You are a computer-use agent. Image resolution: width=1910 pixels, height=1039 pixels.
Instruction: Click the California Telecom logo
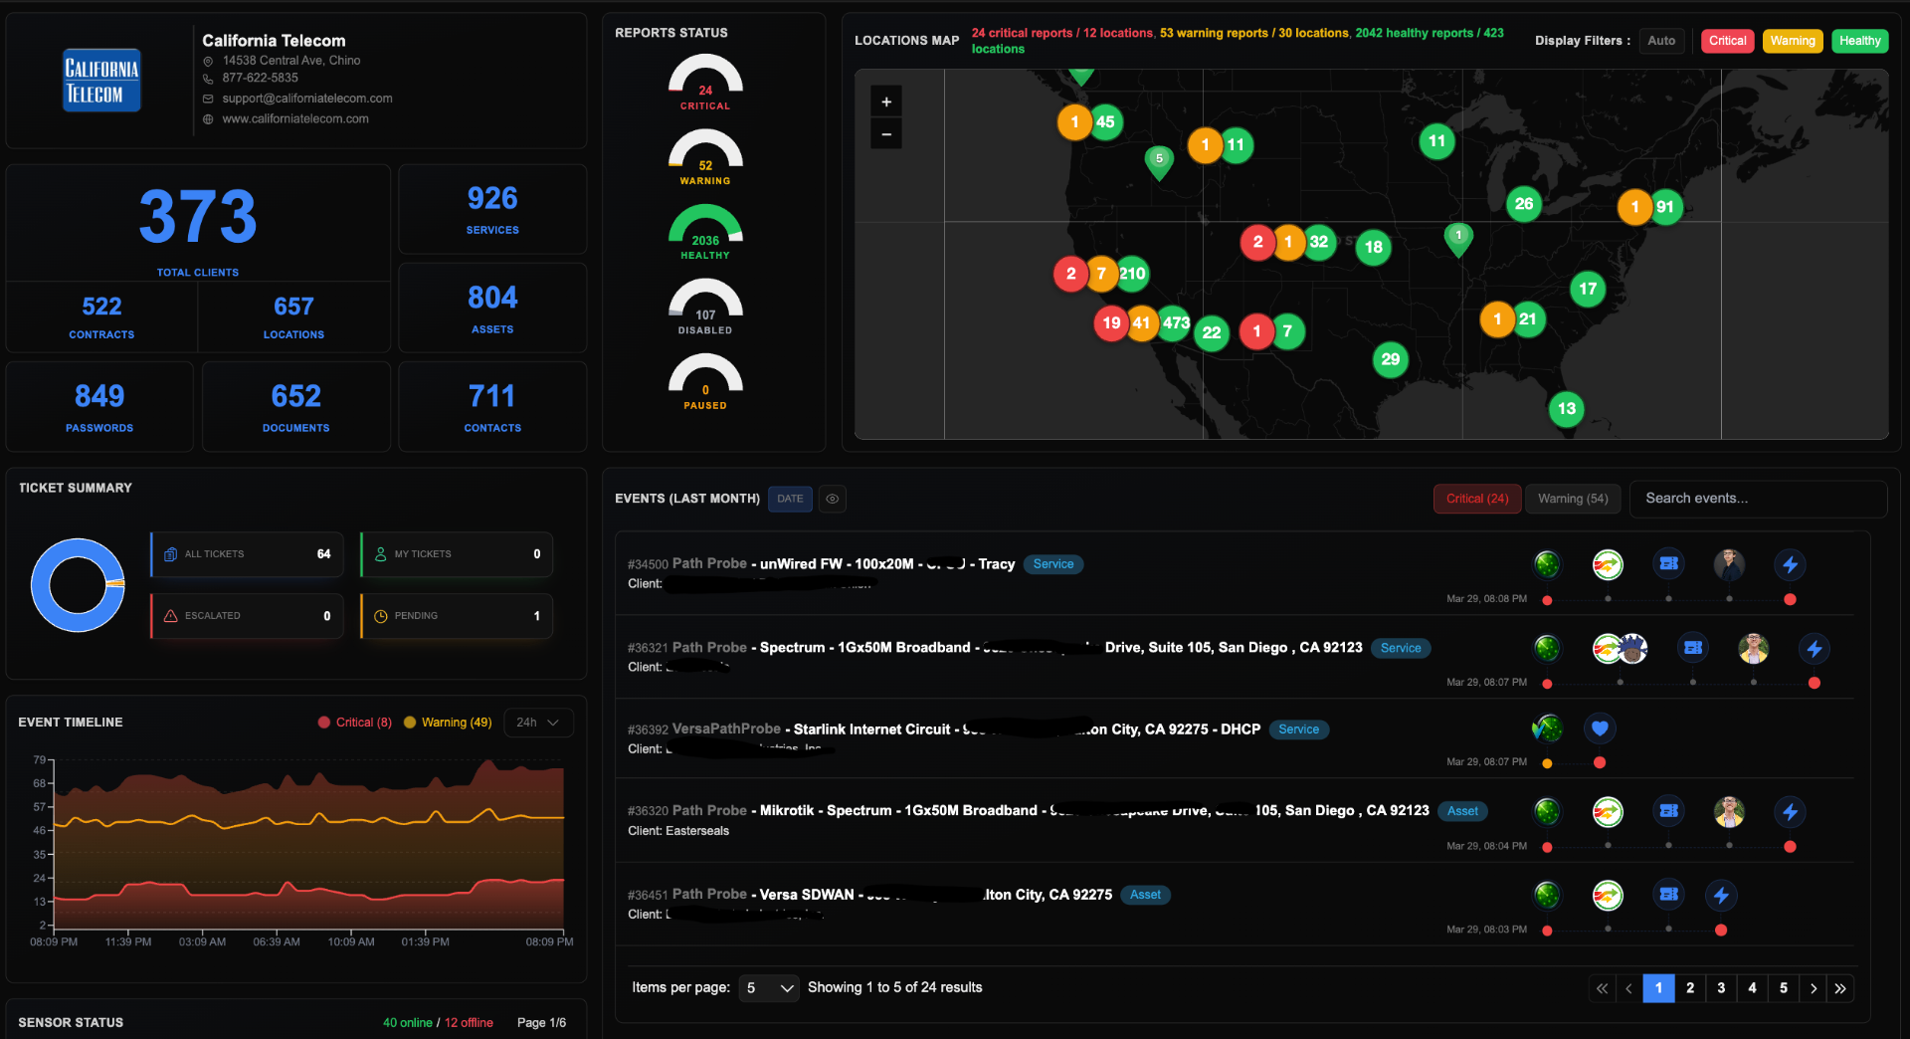(x=101, y=80)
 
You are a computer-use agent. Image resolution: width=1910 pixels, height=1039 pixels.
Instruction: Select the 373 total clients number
(x=198, y=217)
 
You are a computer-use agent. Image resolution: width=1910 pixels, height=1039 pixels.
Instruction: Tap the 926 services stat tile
(x=492, y=209)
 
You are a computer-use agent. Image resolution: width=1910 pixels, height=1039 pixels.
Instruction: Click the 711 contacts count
(x=492, y=396)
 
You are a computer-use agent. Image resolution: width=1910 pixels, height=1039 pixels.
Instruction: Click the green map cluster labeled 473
(x=1176, y=322)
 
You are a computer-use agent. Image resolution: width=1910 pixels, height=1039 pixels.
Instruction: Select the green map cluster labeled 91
(x=1664, y=207)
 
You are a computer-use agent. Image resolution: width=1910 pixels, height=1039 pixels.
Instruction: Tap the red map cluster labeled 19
(x=1111, y=322)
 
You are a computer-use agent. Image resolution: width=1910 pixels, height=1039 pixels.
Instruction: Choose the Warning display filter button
(x=1792, y=41)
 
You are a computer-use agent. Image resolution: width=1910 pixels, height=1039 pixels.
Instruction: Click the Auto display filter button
(x=1660, y=41)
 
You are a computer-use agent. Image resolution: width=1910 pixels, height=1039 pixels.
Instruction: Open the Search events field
(x=1757, y=499)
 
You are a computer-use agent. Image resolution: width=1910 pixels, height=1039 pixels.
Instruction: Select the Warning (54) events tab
(x=1572, y=499)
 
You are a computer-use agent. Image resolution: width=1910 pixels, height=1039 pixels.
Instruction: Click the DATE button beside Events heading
(x=790, y=499)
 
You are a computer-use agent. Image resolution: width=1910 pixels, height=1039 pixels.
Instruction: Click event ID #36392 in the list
(x=648, y=729)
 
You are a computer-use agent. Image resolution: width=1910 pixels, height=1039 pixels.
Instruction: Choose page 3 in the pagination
(x=1721, y=988)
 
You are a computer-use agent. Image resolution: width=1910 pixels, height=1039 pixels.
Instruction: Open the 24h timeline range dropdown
(x=538, y=723)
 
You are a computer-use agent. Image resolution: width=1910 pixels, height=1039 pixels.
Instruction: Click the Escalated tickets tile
(x=247, y=616)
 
